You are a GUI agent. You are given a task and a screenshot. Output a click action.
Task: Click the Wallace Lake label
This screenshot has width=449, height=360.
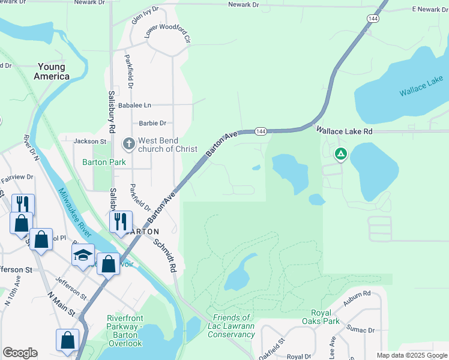coord(421,86)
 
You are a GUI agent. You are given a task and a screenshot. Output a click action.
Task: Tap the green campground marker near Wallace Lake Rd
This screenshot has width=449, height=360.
coord(340,155)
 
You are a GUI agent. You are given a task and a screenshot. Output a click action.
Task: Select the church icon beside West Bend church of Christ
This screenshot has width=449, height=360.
coord(128,144)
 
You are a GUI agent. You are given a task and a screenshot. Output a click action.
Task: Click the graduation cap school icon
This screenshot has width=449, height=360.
coord(83,256)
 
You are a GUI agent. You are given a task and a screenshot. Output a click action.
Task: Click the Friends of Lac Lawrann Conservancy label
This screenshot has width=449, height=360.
coord(231,326)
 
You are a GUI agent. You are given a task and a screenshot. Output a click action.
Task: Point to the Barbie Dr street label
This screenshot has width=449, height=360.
coord(152,123)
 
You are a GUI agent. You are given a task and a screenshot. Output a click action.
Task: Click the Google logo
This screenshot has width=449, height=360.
coord(20,353)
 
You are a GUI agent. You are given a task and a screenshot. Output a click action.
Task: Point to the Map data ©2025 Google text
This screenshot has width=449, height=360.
coord(411,355)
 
